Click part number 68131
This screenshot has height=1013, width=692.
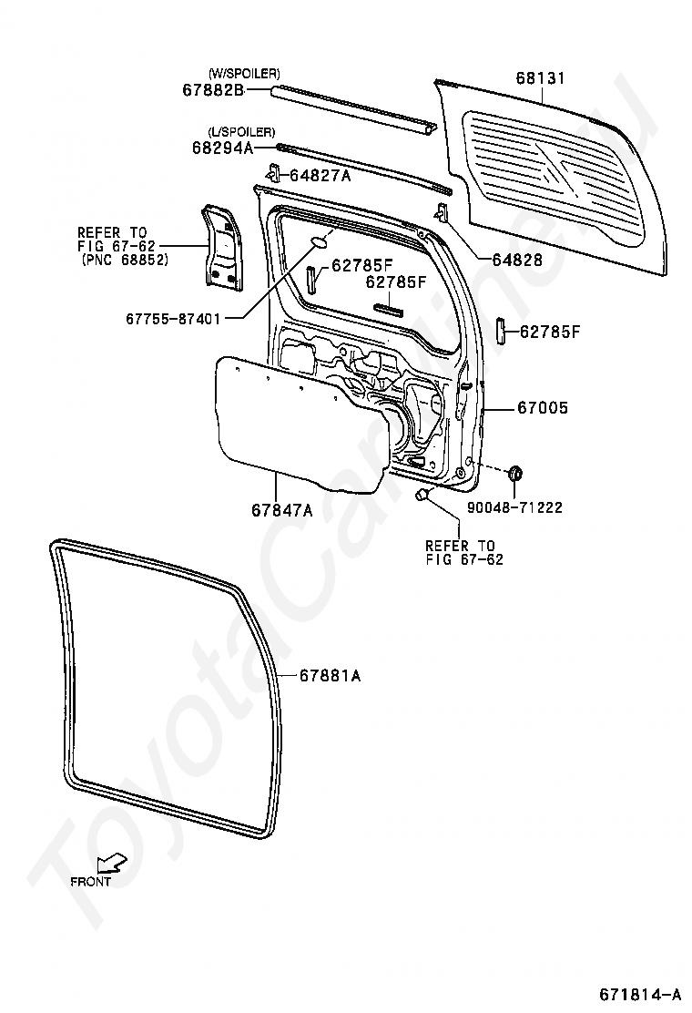(542, 78)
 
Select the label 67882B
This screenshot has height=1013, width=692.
(213, 89)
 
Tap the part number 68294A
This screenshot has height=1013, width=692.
(222, 147)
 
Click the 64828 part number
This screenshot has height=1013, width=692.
(517, 260)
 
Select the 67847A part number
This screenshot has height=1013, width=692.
(282, 510)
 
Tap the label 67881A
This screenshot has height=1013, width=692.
(331, 676)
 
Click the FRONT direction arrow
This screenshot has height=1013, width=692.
(112, 864)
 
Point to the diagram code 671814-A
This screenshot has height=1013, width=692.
(639, 991)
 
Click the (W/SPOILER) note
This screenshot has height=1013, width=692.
(244, 73)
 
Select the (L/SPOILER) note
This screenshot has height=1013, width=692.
(241, 132)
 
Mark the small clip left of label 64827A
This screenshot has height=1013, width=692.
(273, 173)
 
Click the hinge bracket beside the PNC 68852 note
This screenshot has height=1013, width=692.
(219, 246)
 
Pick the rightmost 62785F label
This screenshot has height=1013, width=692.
(549, 332)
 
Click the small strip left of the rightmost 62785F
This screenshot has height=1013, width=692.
(499, 331)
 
